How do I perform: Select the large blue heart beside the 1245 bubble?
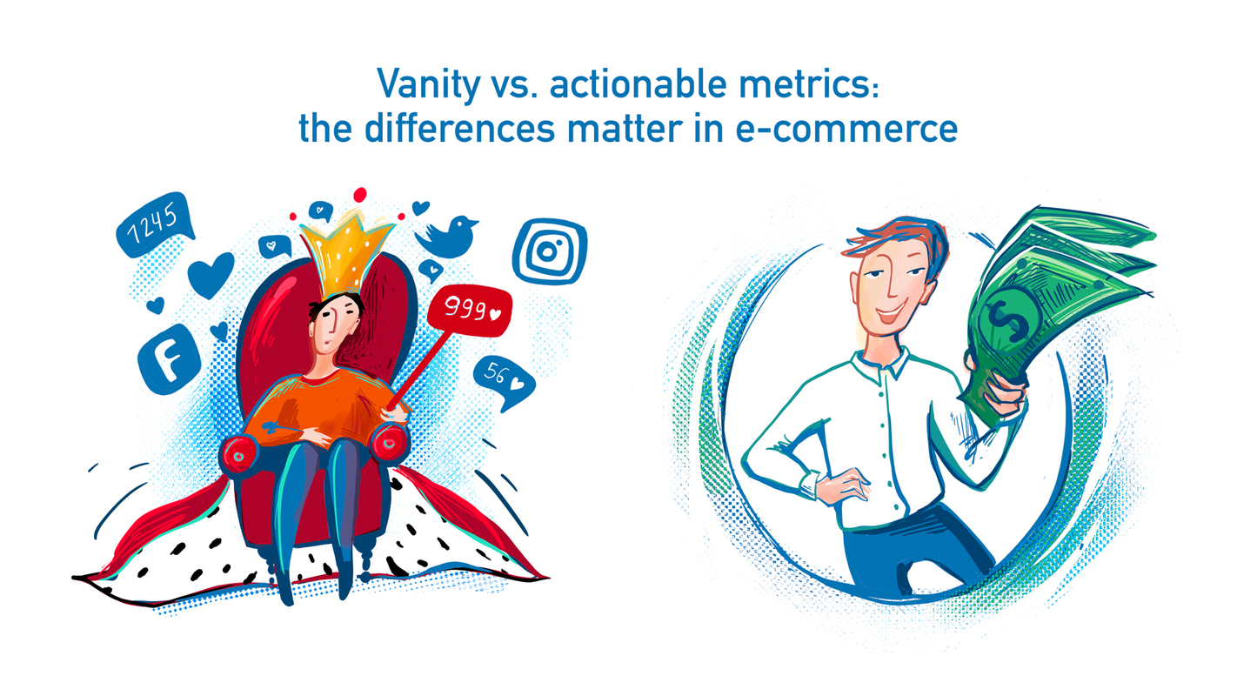211,273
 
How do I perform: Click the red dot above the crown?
359,195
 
